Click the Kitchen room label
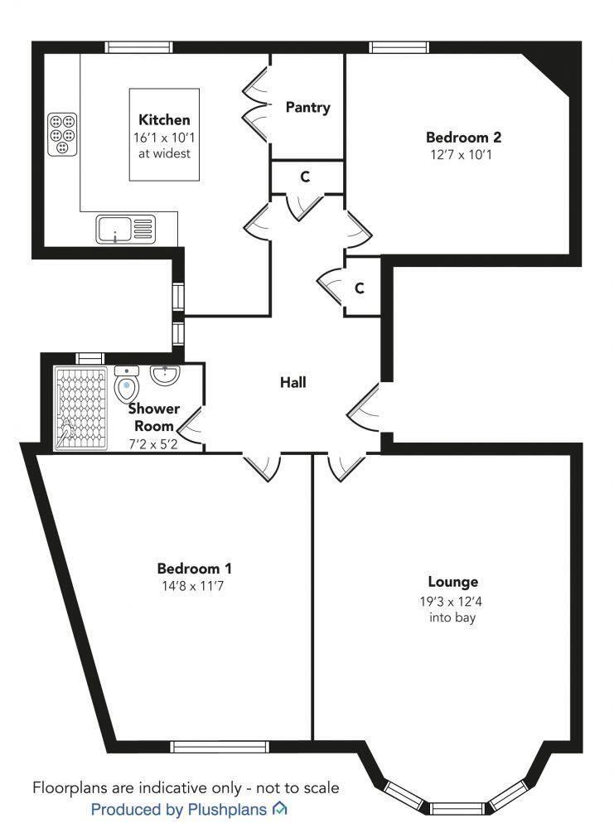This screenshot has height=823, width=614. point(164,120)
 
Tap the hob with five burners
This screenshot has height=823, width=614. point(62,133)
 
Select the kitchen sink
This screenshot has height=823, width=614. point(125,228)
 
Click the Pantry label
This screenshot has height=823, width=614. point(307,107)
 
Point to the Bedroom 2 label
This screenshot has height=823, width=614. point(463,138)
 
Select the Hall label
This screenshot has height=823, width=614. point(292,382)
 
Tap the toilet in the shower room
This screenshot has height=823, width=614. point(125,385)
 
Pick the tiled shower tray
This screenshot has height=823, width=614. point(81,408)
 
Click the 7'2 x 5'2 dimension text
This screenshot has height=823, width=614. point(153,443)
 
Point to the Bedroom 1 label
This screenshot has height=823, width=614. point(195,569)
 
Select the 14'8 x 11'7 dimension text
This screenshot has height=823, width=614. point(195,585)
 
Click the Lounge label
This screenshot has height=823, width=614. point(452,582)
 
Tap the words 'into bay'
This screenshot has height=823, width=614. point(452,617)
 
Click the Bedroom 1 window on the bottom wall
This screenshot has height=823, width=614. point(220,747)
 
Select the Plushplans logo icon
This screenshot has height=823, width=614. point(280,808)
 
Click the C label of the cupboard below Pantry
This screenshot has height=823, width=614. point(305,177)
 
